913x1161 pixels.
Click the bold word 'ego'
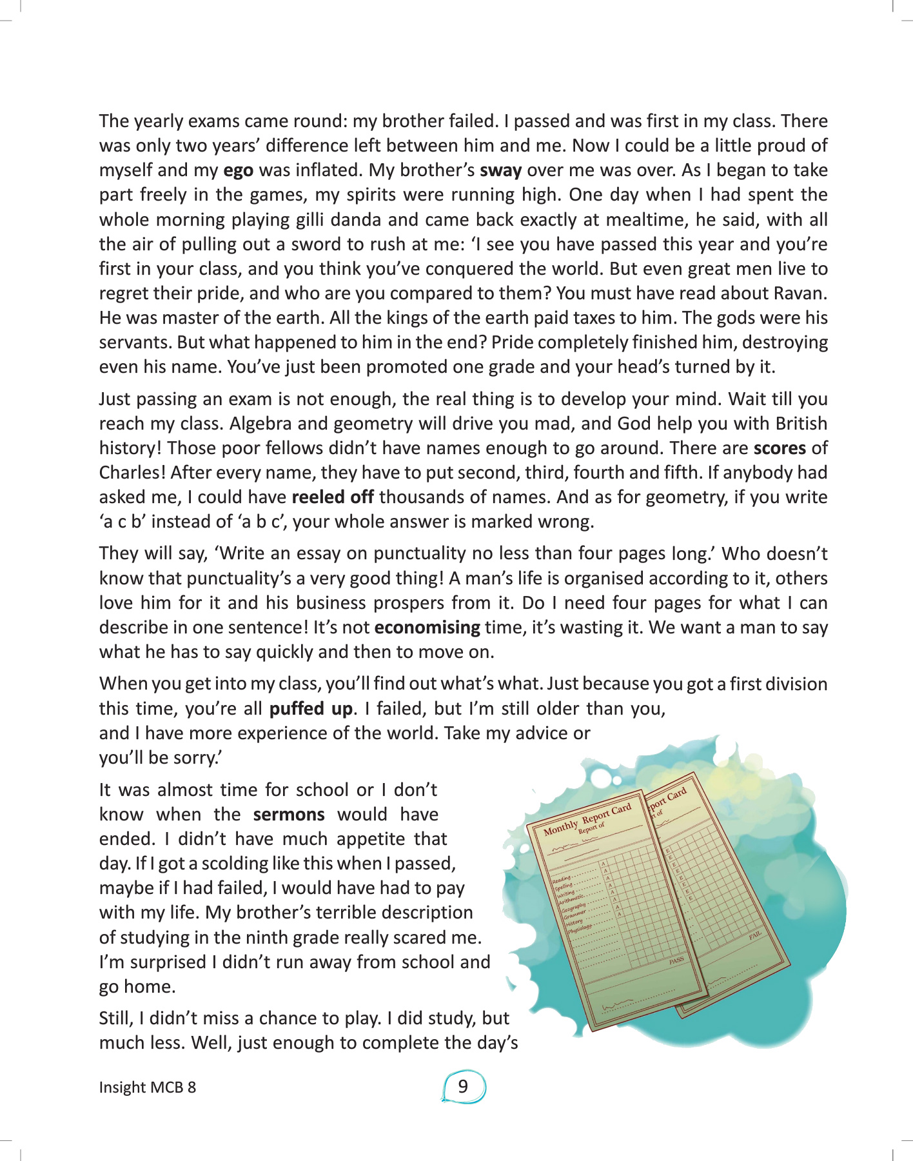238,171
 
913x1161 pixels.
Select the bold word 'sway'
500,171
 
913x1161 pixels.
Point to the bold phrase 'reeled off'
333,497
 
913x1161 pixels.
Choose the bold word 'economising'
427,628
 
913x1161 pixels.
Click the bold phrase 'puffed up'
311,709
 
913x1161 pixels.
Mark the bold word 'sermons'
289,815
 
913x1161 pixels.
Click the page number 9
463,1087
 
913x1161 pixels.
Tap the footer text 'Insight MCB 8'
147,1087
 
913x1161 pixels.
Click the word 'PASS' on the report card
676,961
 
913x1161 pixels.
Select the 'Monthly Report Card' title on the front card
587,819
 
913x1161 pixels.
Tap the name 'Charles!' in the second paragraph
132,473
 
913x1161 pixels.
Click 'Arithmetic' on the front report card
571,898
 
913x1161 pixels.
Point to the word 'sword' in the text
311,244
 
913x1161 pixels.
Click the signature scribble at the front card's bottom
616,1007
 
